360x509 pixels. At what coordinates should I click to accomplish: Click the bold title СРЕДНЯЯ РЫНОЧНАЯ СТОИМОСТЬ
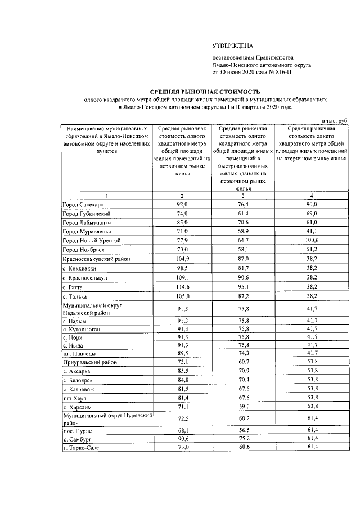coord(204,91)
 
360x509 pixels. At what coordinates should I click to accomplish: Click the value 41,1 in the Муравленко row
coord(311,232)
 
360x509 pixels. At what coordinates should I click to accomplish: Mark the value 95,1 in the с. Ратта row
coord(243,287)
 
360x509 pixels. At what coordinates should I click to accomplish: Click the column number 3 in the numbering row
coord(243,195)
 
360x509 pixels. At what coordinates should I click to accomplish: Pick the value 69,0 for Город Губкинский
coord(311,214)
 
